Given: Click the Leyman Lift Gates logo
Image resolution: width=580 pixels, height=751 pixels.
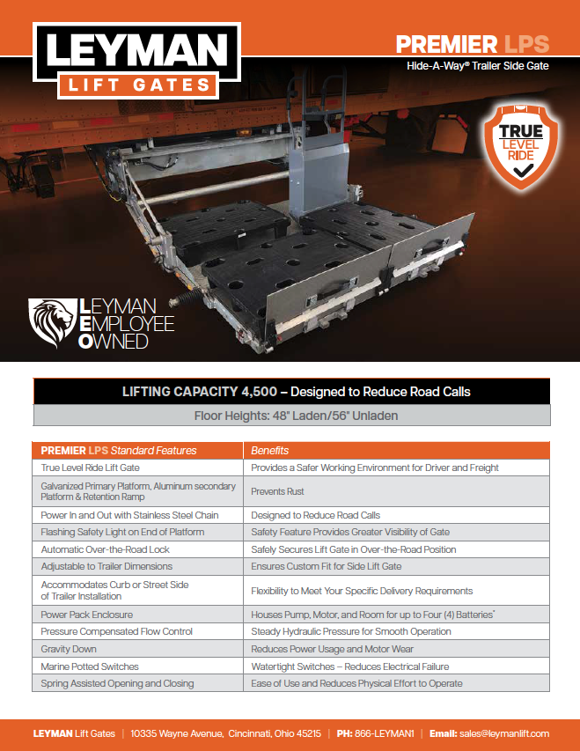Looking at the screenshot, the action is (x=137, y=61).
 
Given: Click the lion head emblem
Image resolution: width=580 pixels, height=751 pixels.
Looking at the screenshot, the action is (x=52, y=322).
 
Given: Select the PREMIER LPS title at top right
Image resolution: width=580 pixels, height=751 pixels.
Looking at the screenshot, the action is (x=473, y=45).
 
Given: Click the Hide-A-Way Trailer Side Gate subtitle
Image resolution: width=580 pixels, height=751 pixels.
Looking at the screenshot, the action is (x=478, y=66).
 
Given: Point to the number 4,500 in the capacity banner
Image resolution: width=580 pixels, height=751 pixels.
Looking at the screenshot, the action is (x=259, y=392).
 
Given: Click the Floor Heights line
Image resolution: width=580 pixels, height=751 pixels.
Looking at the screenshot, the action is (x=296, y=416).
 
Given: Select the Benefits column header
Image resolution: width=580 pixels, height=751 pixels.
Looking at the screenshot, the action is (x=269, y=451).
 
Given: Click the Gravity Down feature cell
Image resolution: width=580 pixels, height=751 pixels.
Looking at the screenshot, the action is (x=69, y=649).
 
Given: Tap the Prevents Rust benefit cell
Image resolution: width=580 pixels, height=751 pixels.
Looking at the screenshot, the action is (x=277, y=491).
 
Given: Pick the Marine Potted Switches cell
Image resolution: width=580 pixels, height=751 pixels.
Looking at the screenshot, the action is (x=90, y=666).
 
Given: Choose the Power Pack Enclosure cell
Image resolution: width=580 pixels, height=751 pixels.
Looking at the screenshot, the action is (x=86, y=615).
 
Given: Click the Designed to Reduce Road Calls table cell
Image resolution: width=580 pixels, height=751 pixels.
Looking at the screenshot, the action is (x=316, y=515).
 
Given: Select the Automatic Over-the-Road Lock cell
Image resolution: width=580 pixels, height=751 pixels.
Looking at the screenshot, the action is (x=106, y=549).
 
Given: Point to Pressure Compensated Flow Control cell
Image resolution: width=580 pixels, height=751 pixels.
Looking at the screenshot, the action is (x=116, y=632).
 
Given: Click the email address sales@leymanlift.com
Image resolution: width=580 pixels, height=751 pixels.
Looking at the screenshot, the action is (x=504, y=733).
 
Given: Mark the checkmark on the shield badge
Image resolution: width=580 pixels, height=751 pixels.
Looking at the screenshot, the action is (x=523, y=172).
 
